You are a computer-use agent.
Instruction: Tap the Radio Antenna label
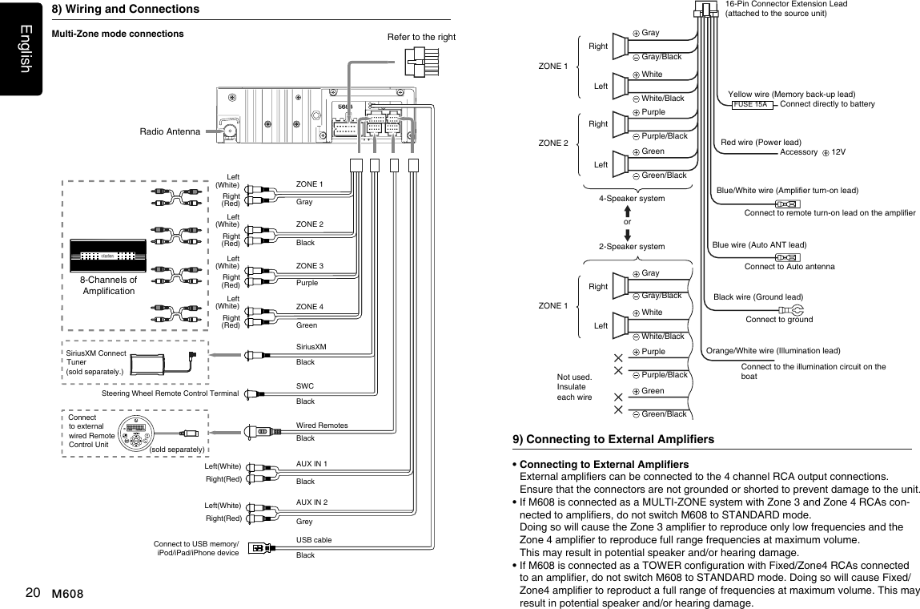pos(168,131)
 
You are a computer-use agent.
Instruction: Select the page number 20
pos(33,593)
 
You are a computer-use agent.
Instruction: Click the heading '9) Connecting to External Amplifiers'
pos(613,439)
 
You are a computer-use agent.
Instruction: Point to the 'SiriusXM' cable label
pos(311,346)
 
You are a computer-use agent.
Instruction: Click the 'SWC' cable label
pos(304,386)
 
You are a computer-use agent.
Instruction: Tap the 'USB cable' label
pos(313,540)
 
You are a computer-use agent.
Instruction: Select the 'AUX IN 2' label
pos(312,502)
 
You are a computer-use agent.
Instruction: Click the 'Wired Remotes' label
pos(322,425)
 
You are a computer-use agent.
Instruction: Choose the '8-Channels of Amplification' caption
pos(108,285)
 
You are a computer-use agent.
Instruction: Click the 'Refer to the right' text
pos(421,37)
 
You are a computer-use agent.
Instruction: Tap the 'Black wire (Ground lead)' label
pos(757,296)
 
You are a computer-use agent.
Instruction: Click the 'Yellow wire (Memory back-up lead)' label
pos(791,94)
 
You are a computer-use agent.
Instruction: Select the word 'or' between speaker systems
pos(627,221)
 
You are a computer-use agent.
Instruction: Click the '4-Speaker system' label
pos(632,198)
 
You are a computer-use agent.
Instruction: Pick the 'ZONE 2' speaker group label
pos(553,143)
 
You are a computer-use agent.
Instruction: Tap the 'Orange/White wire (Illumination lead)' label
pos(773,350)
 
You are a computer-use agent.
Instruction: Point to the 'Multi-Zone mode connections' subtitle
pos(118,34)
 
